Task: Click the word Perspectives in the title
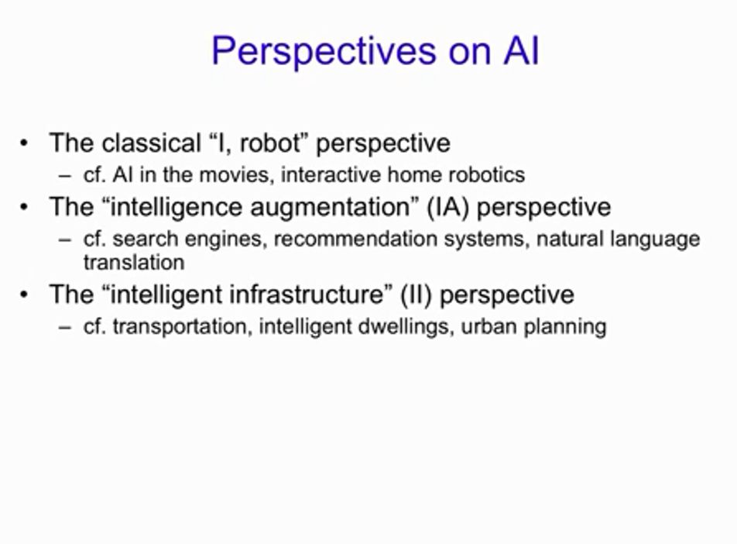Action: (x=324, y=52)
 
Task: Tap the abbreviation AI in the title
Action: (x=521, y=50)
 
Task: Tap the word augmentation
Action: (x=331, y=207)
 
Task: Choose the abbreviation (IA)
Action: (x=448, y=207)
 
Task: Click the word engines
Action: (x=223, y=239)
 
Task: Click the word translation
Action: (x=134, y=262)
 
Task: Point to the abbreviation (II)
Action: (x=416, y=294)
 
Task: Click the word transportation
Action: (x=180, y=326)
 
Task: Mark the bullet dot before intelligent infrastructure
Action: (x=25, y=294)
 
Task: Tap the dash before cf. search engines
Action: (x=65, y=240)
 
